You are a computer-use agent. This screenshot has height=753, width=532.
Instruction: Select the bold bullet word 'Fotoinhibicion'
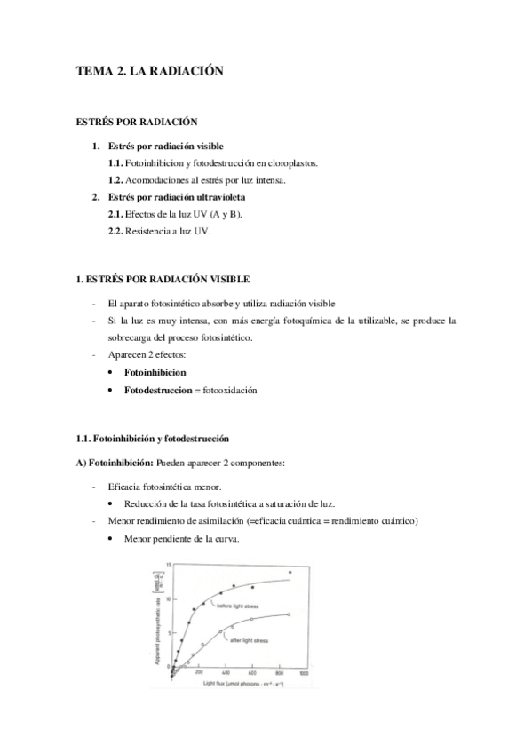155,373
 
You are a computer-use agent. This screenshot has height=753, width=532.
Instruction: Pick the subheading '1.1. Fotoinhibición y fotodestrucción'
153,439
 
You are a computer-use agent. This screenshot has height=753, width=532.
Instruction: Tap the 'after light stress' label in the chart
248,639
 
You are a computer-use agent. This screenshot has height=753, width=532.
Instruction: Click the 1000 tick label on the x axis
303,676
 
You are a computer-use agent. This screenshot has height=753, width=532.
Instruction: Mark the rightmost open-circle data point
290,614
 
